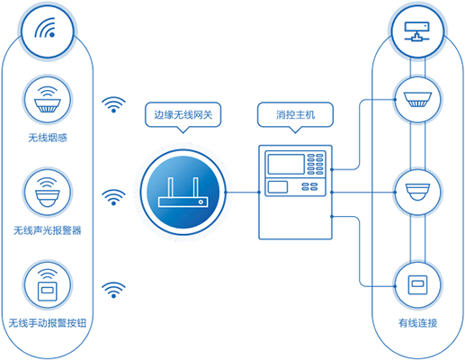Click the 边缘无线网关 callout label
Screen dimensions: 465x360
(183, 114)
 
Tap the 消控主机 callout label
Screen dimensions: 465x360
(295, 114)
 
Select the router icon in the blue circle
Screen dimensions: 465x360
(183, 193)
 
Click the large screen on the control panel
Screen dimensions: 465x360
(286, 164)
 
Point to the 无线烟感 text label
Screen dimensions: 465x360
(48, 138)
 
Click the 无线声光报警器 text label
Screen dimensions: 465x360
(48, 230)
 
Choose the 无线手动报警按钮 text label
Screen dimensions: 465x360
(48, 323)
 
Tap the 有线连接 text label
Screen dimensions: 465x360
(417, 323)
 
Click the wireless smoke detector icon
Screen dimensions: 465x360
(48, 100)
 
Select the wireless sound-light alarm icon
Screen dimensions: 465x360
(48, 193)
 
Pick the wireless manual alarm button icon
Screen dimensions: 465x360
(48, 285)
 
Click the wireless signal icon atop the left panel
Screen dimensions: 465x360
(45, 28)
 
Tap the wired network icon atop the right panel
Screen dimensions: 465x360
(416, 31)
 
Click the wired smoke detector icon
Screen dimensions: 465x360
(417, 100)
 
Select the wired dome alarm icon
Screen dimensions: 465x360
(417, 193)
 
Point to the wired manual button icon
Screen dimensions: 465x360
(417, 284)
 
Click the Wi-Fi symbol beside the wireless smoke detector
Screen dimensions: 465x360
(113, 104)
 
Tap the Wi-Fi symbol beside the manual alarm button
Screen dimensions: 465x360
(113, 290)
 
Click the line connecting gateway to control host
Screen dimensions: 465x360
(243, 193)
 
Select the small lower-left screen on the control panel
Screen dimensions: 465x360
(278, 187)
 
